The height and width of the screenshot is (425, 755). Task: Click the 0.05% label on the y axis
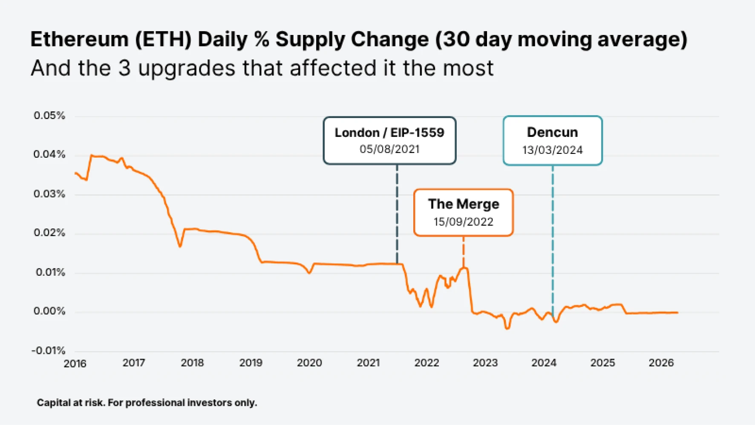point(49,116)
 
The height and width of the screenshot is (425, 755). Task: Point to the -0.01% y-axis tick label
point(49,350)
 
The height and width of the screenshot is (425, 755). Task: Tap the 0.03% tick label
point(49,194)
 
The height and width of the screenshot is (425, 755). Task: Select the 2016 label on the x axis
point(75,364)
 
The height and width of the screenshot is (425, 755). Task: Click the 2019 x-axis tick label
point(251,363)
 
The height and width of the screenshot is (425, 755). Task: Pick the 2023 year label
point(485,363)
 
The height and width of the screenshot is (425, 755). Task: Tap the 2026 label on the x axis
point(661,363)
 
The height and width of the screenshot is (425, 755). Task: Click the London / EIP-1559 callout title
point(389,133)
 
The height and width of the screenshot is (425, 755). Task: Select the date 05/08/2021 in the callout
point(389,149)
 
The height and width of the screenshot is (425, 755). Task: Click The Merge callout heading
point(464,204)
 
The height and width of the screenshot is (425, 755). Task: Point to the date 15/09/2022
point(464,222)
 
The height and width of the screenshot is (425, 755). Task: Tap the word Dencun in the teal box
point(552,132)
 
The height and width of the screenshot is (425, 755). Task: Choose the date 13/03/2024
point(552,150)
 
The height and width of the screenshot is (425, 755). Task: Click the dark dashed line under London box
point(397,213)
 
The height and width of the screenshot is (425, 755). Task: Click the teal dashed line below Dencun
point(553,239)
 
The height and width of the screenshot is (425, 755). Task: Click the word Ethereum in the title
point(79,40)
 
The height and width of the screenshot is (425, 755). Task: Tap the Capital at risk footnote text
point(147,403)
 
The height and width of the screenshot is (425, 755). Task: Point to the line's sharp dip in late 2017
point(180,246)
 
